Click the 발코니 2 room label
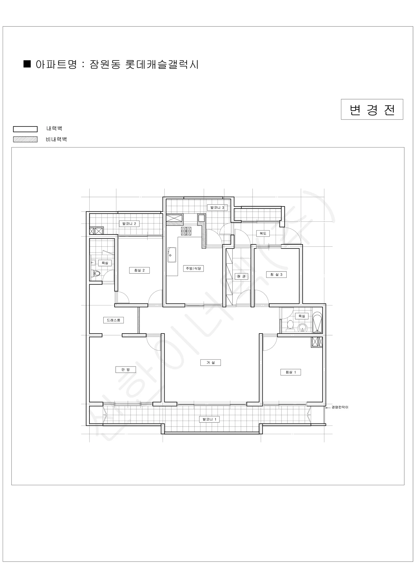pos(129,224)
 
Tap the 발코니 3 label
pos(217,208)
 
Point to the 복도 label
pos(263,233)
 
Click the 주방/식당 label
pos(193,268)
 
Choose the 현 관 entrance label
pos(241,276)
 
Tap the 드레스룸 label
pos(113,320)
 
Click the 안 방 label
pos(125,369)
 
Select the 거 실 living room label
pos(210,362)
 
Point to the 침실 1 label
pos(291,372)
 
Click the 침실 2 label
pos(139,270)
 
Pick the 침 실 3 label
pos(276,275)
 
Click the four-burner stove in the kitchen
pos(186,231)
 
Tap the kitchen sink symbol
pos(172,255)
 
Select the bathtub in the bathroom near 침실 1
pos(317,322)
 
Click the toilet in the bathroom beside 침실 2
pos(96,273)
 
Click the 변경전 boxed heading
pos(372,109)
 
